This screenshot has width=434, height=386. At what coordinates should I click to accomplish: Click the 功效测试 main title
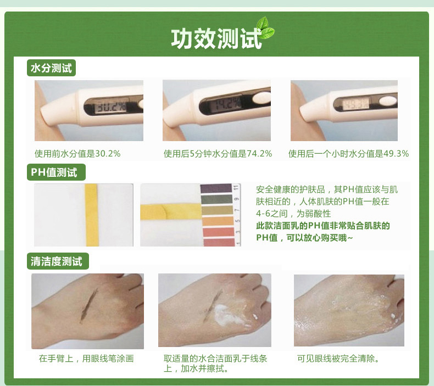pyautogui.click(x=216, y=38)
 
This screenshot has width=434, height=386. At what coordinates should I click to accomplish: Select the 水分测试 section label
pyautogui.click(x=51, y=68)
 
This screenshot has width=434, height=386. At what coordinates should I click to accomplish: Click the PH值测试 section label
pyautogui.click(x=56, y=172)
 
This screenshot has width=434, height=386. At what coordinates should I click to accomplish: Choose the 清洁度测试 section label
pyautogui.click(x=58, y=261)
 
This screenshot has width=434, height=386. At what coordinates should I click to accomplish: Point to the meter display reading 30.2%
pyautogui.click(x=110, y=107)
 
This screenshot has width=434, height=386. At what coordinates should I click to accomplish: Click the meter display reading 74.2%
pyautogui.click(x=228, y=104)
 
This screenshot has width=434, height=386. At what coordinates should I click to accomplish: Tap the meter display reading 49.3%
pyautogui.click(x=355, y=104)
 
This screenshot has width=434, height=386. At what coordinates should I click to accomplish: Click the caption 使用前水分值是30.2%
pyautogui.click(x=77, y=154)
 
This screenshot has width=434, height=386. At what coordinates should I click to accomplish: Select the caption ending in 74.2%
pyautogui.click(x=218, y=154)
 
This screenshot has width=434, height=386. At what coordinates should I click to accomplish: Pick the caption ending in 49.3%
pyautogui.click(x=348, y=154)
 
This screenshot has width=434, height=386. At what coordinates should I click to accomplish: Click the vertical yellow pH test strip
pyautogui.click(x=92, y=215)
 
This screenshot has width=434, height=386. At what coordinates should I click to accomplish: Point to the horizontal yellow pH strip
pyautogui.click(x=171, y=212)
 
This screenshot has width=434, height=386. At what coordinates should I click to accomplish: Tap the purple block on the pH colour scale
pyautogui.click(x=216, y=188)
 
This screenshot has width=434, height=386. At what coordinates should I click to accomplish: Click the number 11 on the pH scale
pyautogui.click(x=236, y=188)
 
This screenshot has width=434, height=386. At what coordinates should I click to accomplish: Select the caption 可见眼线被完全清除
pyautogui.click(x=338, y=359)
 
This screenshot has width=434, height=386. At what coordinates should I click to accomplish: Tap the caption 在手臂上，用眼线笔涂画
pyautogui.click(x=86, y=359)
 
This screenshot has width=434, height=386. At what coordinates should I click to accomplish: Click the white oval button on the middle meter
pyautogui.click(x=261, y=98)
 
